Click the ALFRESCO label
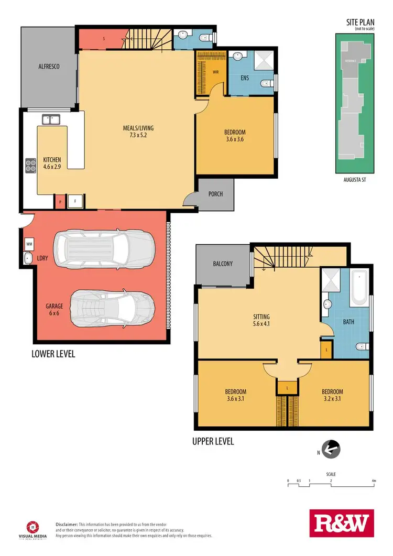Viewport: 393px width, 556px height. tap(49, 67)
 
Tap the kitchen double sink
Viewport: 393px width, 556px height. tap(51, 120)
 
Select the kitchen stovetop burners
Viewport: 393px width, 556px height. tap(29, 166)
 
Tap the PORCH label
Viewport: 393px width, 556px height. tap(215, 194)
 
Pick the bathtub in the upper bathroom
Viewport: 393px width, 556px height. tap(360, 287)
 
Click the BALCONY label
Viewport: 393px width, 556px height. tap(223, 264)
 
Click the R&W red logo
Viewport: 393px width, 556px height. tap(342, 524)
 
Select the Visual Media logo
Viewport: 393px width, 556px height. tap(32, 528)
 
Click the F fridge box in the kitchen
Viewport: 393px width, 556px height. tap(75, 201)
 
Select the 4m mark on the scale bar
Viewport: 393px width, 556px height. tap(373, 480)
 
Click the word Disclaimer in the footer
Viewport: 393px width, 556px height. tap(67, 524)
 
